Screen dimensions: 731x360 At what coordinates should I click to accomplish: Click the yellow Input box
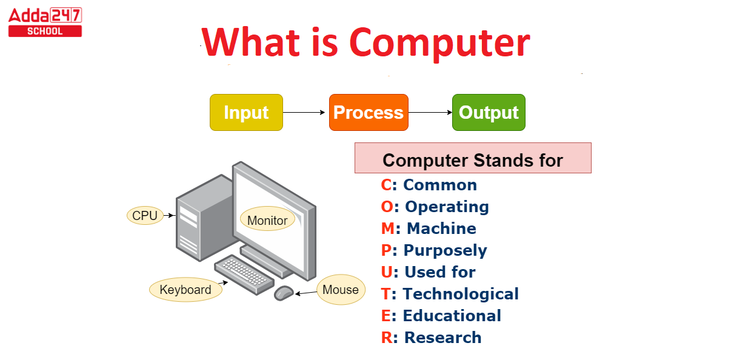[x=246, y=112]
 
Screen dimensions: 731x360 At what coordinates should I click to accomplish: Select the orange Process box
[x=369, y=112]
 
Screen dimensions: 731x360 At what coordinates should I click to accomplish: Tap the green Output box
[x=489, y=112]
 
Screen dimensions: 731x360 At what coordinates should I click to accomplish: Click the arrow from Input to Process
[x=304, y=112]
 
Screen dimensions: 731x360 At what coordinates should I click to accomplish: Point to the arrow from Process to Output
[x=430, y=112]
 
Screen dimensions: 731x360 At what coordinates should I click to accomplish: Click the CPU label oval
[x=145, y=215]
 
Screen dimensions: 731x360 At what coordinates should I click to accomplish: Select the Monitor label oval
[x=267, y=219]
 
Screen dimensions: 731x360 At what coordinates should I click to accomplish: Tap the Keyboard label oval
[x=185, y=290]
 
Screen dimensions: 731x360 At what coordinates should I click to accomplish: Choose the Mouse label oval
[x=341, y=290]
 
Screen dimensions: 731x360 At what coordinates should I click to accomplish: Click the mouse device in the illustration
[x=284, y=293]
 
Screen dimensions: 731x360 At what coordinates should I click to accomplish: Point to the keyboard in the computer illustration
[x=244, y=275]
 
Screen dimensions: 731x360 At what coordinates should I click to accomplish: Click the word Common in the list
[x=440, y=185]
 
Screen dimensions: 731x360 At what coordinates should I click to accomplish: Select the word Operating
[x=447, y=207]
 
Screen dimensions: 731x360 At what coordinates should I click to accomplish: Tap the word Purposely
[x=446, y=251]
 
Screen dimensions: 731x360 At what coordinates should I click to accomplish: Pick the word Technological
[x=461, y=294]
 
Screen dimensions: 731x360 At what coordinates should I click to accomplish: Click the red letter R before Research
[x=387, y=338]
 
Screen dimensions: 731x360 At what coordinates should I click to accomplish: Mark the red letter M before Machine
[x=388, y=228]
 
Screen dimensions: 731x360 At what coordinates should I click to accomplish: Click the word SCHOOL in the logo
[x=45, y=32]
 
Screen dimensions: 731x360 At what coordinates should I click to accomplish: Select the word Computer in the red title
[x=439, y=43]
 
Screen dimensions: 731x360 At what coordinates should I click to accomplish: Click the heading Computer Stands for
[x=473, y=160]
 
